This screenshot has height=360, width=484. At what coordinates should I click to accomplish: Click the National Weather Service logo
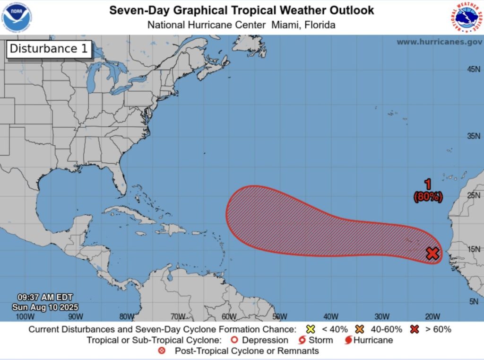coord(466,17)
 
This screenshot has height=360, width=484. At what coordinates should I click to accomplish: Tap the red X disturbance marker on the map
coord(432,253)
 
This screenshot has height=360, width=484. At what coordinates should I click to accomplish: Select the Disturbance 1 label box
coord(49,49)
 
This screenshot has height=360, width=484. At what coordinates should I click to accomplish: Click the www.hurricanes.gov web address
coord(439,42)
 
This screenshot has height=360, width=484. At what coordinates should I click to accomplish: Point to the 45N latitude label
coord(473,70)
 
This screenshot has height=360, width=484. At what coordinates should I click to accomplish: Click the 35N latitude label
coord(473,136)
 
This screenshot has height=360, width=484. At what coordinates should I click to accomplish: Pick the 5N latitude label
coord(475,301)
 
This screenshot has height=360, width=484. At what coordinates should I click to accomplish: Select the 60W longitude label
coord(229,316)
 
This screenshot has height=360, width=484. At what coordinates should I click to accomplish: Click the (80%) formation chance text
coord(428,197)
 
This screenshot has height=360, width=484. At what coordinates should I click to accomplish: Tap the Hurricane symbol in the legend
coord(348,340)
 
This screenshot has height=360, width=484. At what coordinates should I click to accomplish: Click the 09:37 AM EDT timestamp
coord(45,298)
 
